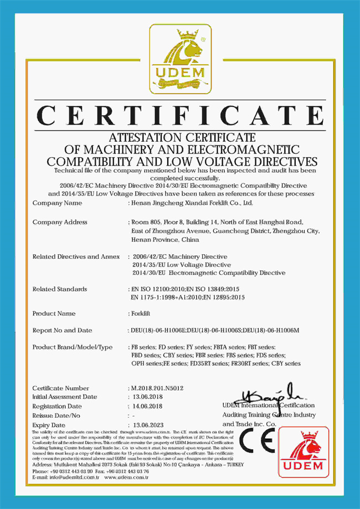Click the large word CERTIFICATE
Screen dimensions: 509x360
pyautogui.click(x=180, y=115)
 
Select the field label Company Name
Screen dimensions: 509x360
pyautogui.click(x=58, y=203)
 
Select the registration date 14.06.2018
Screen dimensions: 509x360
pyautogui.click(x=145, y=406)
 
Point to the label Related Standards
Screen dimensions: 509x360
pyautogui.click(x=60, y=289)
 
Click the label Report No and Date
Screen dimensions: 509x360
pyautogui.click(x=63, y=331)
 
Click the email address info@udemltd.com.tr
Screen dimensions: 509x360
pyautogui.click(x=65, y=476)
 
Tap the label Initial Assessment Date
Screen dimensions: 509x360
pyautogui.click(x=65, y=397)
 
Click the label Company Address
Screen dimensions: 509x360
pyautogui.click(x=60, y=222)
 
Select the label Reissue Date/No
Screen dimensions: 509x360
pyautogui.click(x=56, y=415)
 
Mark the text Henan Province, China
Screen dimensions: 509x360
pyautogui.click(x=165, y=240)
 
